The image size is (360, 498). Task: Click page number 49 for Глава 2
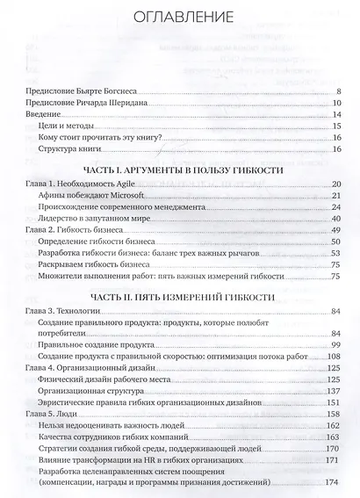pos(335,229)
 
